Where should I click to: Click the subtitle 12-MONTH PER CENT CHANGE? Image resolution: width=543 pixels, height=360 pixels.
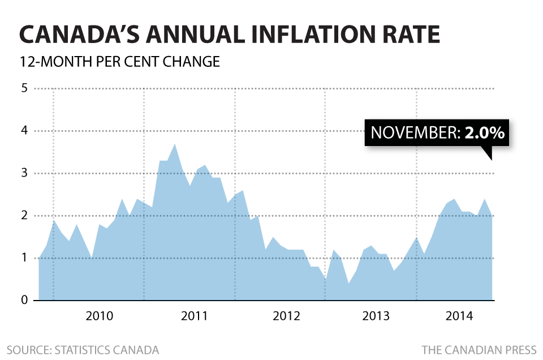tap(119, 61)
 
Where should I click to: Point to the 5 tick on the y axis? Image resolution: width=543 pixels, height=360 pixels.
tap(24, 89)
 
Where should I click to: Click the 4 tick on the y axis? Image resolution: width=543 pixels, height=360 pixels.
tap(24, 131)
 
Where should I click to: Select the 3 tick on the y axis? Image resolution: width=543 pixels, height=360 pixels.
tap(24, 174)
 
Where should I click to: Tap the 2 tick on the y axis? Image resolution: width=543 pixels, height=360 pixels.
tap(24, 216)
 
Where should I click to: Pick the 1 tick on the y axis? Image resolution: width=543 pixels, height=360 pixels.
tap(24, 259)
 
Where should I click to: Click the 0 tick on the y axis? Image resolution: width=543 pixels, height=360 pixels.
tap(24, 301)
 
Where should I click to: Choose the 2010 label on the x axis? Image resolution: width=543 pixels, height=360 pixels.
tap(100, 316)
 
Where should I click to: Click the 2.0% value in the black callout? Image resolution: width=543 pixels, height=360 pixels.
tap(484, 134)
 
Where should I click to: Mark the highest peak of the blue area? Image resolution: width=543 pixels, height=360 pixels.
tap(175, 144)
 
